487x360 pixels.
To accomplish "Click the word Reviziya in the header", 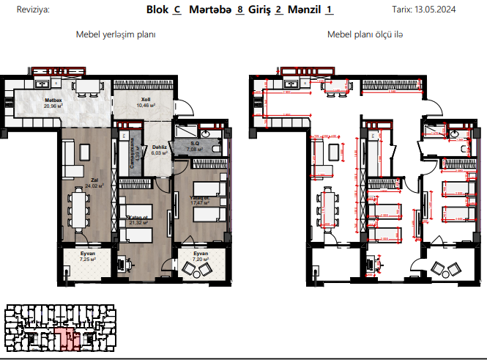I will [x=23, y=11].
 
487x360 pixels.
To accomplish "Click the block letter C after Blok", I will [x=176, y=10].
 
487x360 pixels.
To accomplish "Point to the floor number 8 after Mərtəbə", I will [x=240, y=10].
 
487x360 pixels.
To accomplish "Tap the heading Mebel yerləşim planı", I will [x=116, y=34].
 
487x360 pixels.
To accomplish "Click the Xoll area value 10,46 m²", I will [x=146, y=105].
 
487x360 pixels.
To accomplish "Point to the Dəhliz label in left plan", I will [x=159, y=147].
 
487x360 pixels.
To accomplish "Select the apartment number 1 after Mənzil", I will [x=330, y=10].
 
